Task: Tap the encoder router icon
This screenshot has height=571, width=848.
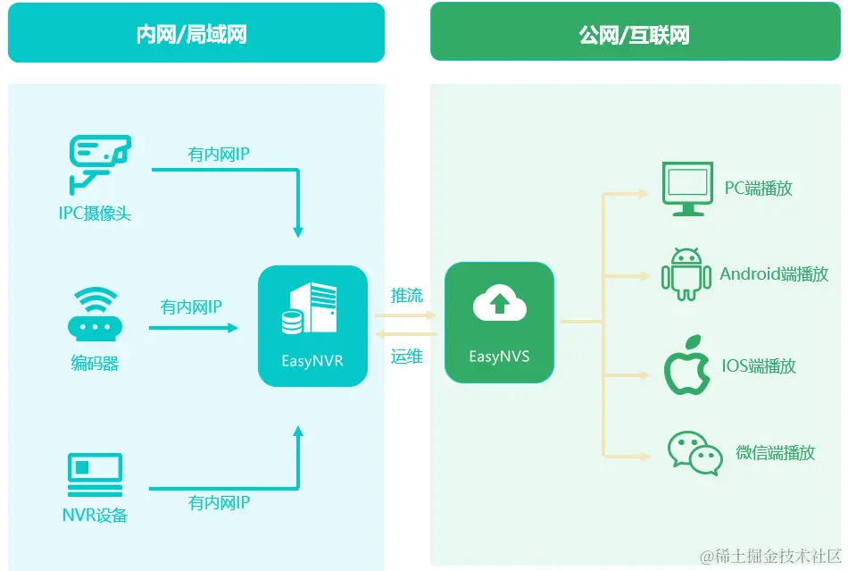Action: (94, 315)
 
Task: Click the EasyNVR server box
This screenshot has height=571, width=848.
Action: (312, 325)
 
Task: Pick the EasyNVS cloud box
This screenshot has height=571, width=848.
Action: (499, 322)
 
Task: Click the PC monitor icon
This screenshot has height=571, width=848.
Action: (686, 189)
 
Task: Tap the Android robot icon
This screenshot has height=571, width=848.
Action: (686, 274)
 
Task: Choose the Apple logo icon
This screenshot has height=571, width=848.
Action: (686, 365)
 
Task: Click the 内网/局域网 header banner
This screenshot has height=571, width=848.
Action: (196, 34)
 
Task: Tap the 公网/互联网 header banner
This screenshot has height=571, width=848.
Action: (634, 34)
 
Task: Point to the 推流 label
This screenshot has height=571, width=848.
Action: (406, 295)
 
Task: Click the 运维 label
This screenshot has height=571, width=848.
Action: (406, 357)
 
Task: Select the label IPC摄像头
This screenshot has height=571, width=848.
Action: (95, 214)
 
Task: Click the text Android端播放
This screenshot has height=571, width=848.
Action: (774, 273)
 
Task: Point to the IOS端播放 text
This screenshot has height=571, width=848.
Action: (759, 365)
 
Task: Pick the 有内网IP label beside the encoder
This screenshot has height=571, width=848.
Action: (191, 307)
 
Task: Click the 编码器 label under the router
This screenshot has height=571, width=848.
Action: (95, 364)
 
